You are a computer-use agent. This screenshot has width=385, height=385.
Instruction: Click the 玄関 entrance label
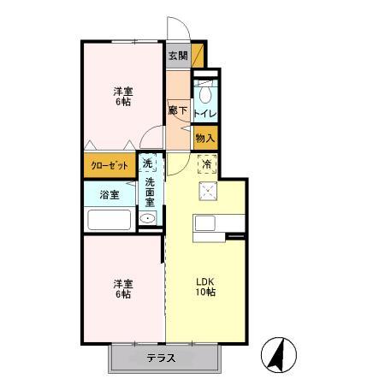[x=177, y=56]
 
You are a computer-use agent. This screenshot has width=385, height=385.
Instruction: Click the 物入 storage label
[x=205, y=137]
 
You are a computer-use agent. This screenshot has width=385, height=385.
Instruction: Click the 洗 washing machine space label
[x=148, y=163]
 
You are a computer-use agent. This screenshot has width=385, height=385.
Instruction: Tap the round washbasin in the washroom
[x=148, y=220]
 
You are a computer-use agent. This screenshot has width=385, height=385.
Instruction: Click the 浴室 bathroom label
[x=109, y=194]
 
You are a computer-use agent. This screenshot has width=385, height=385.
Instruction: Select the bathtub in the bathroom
[x=109, y=220]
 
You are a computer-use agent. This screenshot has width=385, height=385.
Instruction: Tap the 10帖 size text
[x=205, y=293]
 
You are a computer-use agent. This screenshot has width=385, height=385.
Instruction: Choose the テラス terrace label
[x=160, y=358]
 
